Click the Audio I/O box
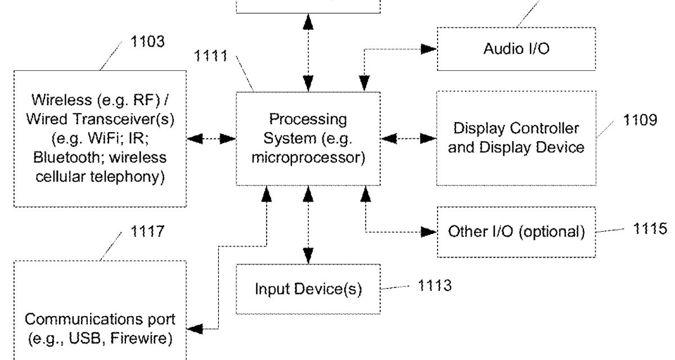[516, 49]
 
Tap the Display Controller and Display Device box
[516, 138]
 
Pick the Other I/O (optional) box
[516, 232]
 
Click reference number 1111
[211, 56]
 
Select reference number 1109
[640, 120]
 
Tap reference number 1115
[650, 228]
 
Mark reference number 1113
[434, 286]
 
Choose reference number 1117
[147, 231]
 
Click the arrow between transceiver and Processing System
[211, 139]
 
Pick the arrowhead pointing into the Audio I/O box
[429, 49]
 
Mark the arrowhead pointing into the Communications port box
[195, 328]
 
